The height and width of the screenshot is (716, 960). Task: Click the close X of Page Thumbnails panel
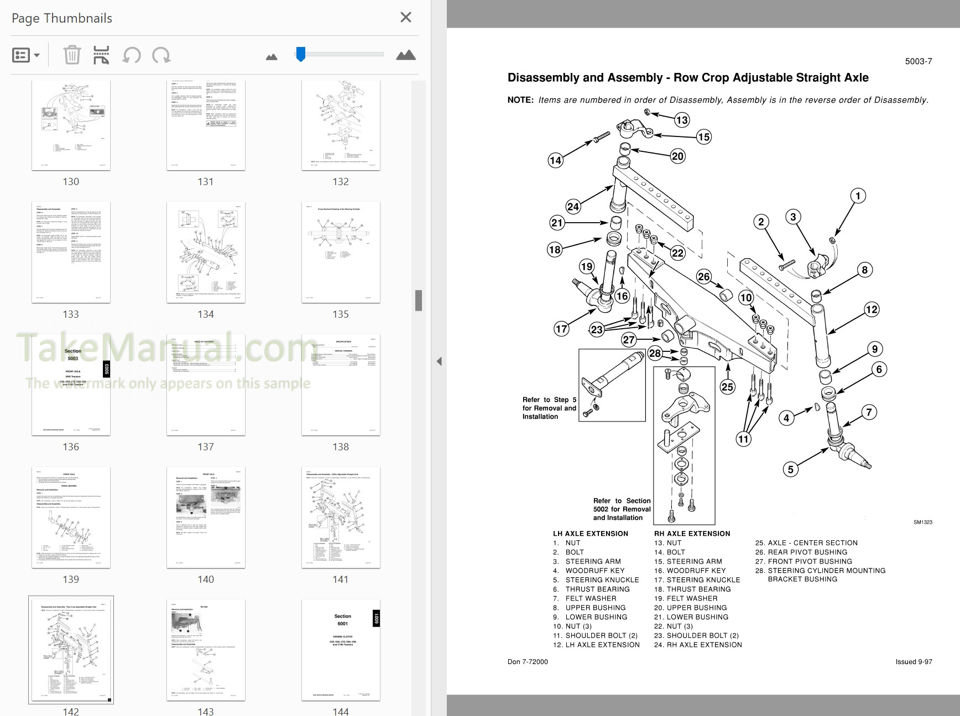click(x=405, y=18)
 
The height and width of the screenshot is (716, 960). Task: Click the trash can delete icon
click(x=72, y=55)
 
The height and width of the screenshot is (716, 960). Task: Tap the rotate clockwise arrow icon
click(x=161, y=55)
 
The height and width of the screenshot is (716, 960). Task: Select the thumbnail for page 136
click(x=71, y=385)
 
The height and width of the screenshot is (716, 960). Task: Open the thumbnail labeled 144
click(x=341, y=650)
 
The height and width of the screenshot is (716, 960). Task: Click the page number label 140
click(x=206, y=579)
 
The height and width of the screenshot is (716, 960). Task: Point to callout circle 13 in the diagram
click(x=682, y=120)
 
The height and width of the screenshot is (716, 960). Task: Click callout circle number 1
click(x=858, y=196)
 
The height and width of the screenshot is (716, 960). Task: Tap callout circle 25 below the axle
click(x=727, y=387)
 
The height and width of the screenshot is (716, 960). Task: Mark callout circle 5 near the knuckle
click(x=790, y=469)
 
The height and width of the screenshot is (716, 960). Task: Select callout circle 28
click(x=655, y=354)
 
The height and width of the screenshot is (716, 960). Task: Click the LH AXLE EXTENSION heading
click(x=590, y=534)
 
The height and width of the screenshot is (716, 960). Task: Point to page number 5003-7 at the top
click(x=918, y=61)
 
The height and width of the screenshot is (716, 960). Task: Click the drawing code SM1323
click(x=922, y=522)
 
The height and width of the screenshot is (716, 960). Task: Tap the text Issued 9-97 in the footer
click(x=914, y=661)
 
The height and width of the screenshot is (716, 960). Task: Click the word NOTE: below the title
click(x=520, y=100)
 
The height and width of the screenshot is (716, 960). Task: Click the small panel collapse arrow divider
click(x=439, y=361)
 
